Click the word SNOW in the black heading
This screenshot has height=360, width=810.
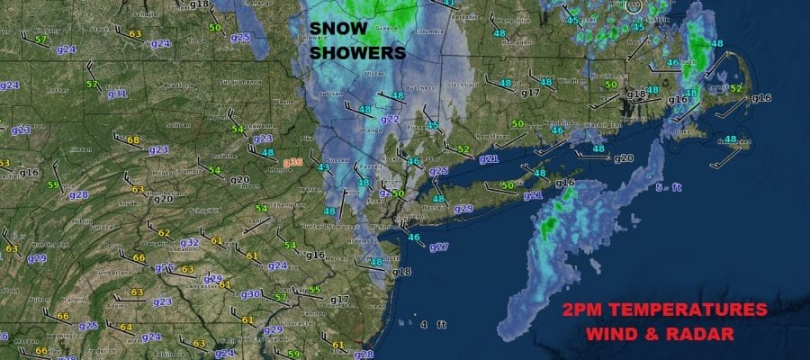(337, 29)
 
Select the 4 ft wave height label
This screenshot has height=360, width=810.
(438, 324)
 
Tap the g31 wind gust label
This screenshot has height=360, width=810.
(117, 93)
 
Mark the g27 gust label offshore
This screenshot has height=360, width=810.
(438, 247)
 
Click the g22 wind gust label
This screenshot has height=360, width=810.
(390, 119)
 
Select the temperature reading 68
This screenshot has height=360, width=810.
(133, 139)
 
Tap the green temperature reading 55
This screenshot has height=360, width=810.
(315, 289)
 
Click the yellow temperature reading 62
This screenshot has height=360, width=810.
(164, 232)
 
